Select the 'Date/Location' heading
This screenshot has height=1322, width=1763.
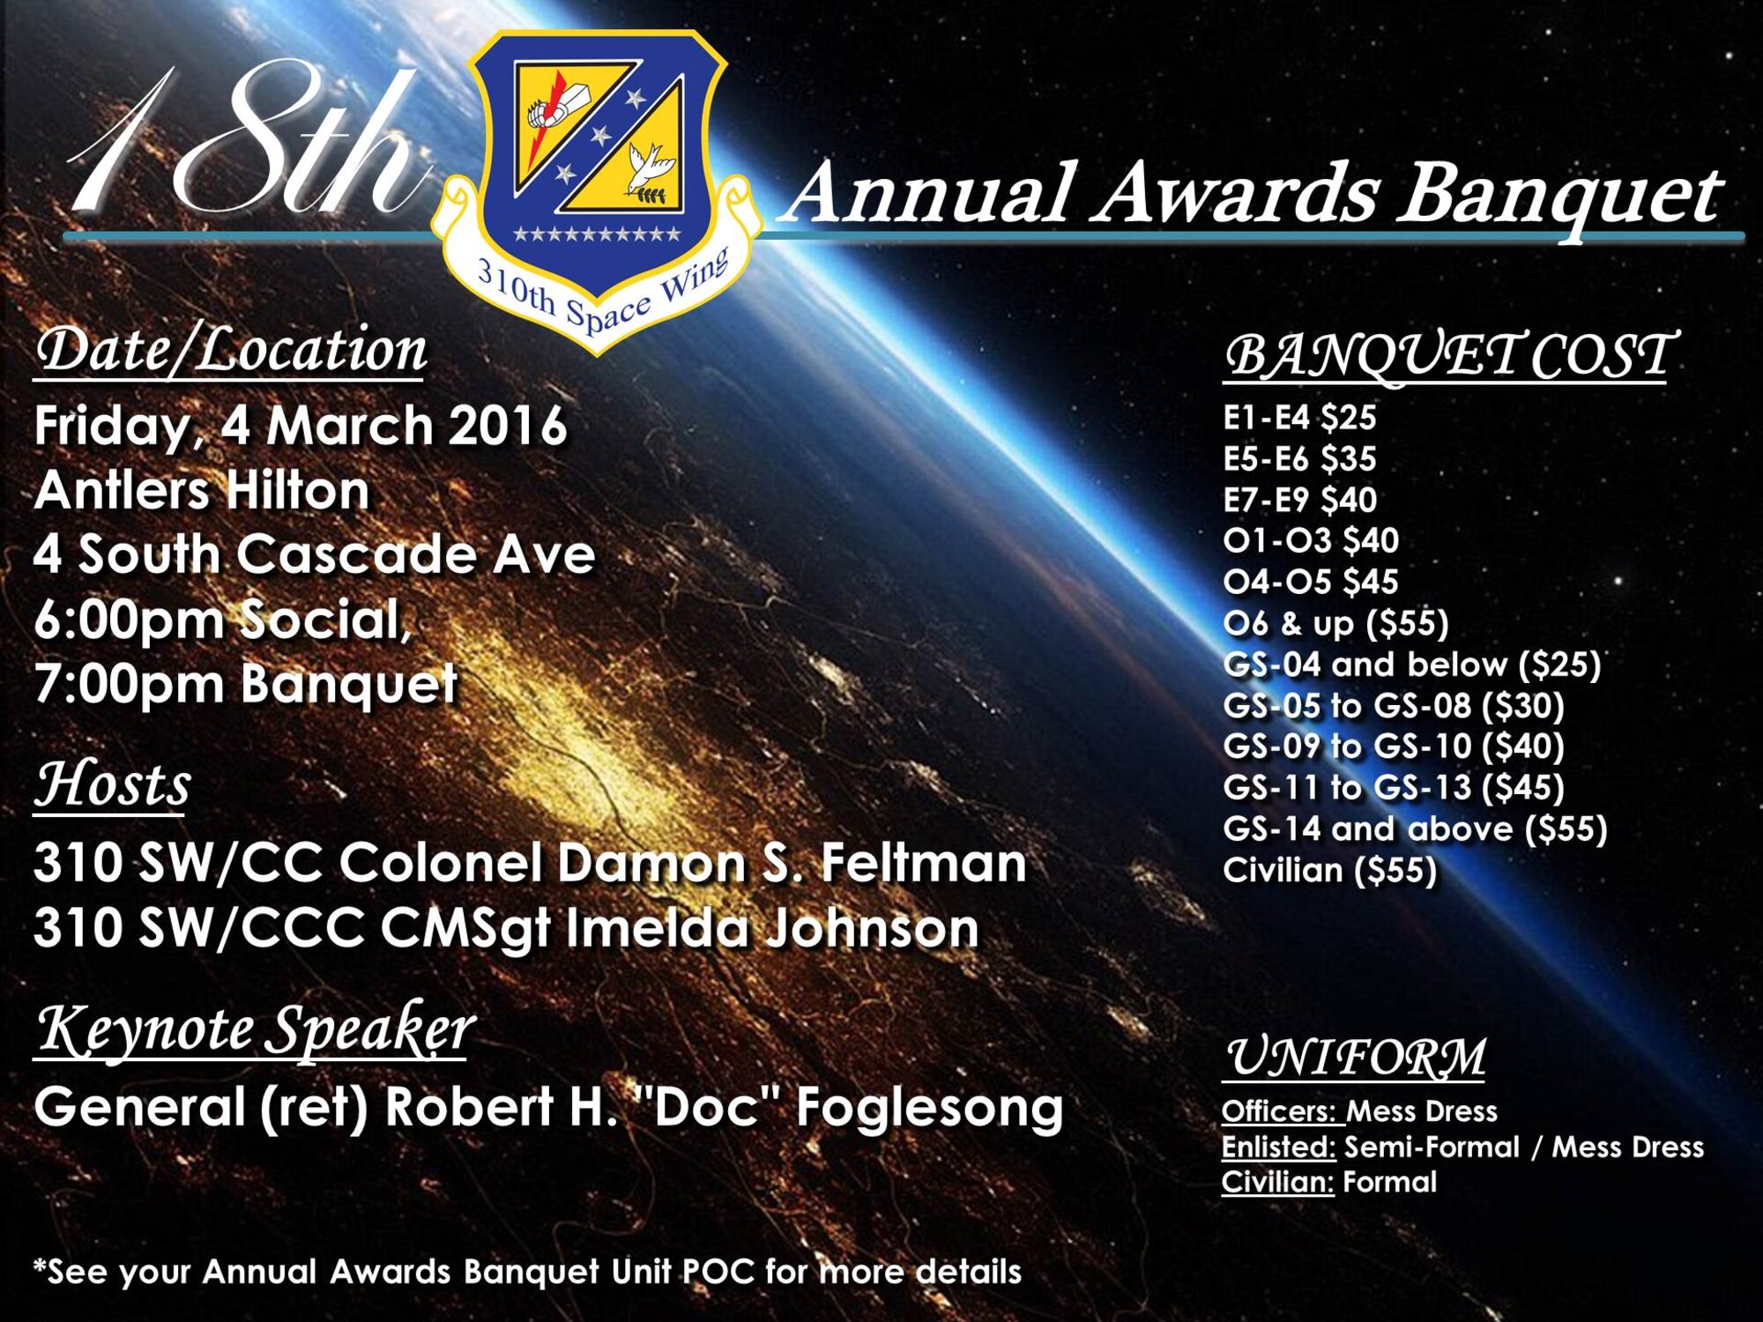[x=231, y=350]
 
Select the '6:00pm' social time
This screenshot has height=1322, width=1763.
[x=129, y=620]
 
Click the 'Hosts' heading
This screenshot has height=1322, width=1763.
[x=113, y=784]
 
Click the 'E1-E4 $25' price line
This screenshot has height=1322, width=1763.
[x=1298, y=417]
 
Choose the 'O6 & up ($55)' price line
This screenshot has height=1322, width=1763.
[x=1335, y=623]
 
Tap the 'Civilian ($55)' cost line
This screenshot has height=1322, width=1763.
[x=1329, y=870]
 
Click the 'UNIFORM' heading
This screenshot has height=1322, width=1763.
[x=1355, y=1057]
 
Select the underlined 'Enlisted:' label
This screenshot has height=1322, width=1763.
[x=1278, y=1147]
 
